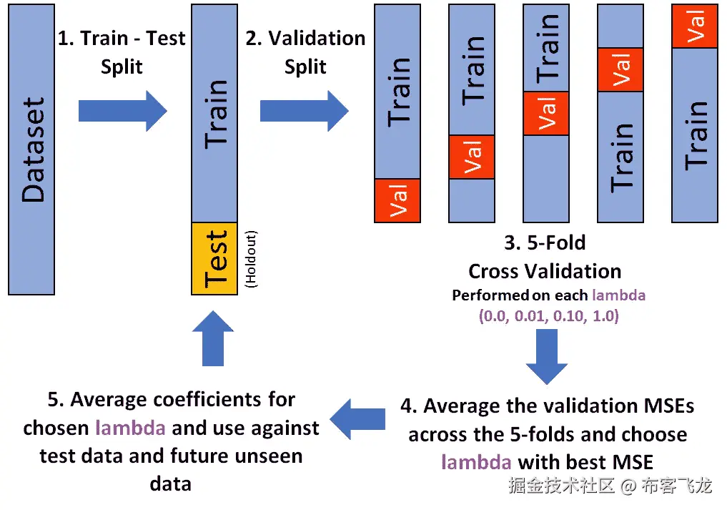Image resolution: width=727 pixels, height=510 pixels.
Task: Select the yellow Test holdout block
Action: (x=214, y=258)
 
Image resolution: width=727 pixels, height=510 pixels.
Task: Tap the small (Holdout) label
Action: (x=251, y=259)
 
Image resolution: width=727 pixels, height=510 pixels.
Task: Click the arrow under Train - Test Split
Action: (x=122, y=111)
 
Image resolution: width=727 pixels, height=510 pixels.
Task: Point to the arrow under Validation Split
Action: (x=304, y=111)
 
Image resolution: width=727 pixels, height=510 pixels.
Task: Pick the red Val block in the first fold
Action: (x=397, y=200)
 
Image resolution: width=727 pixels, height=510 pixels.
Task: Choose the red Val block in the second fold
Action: (x=472, y=157)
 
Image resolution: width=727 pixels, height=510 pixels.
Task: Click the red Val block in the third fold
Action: (x=546, y=113)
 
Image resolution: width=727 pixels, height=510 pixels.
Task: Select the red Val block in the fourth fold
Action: (x=620, y=69)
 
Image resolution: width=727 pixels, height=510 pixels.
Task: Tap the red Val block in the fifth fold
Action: (x=695, y=26)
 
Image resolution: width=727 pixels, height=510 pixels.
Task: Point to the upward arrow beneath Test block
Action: (x=213, y=338)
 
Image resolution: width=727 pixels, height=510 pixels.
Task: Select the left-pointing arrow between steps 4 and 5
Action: (x=361, y=419)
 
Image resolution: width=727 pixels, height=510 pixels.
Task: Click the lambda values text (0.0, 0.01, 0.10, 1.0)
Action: (x=548, y=315)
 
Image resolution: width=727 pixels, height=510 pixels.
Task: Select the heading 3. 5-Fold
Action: (x=545, y=243)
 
